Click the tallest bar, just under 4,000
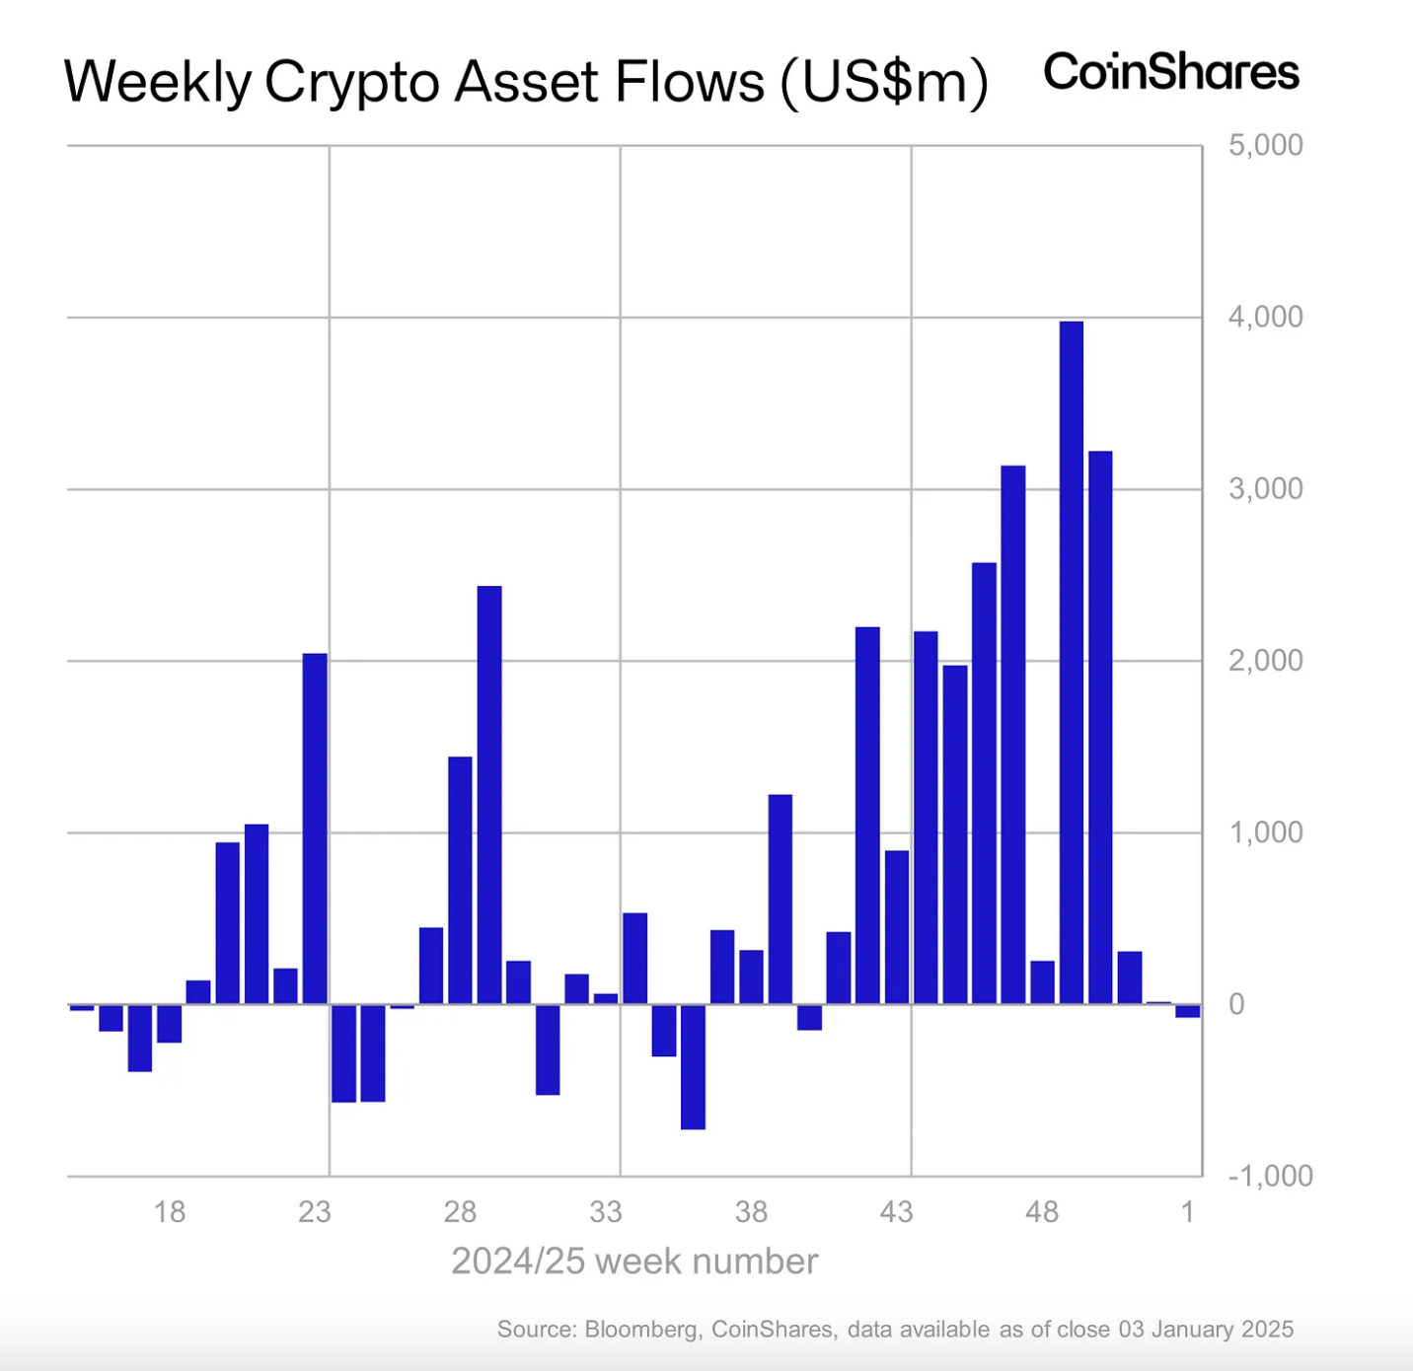(x=1071, y=661)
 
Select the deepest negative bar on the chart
(x=693, y=1066)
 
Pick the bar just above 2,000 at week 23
(x=315, y=829)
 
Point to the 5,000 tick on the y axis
(x=1265, y=145)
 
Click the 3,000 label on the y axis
(x=1265, y=488)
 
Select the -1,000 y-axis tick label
(x=1270, y=1176)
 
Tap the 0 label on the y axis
(x=1236, y=1004)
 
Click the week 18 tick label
(x=170, y=1211)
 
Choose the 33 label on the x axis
(x=606, y=1211)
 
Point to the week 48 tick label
(x=1042, y=1211)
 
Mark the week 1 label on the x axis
(x=1188, y=1211)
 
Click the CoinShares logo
(x=1171, y=72)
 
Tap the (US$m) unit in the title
(x=884, y=82)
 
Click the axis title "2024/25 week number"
(x=634, y=1262)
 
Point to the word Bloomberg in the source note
(x=641, y=1330)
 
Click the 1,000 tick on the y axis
(x=1265, y=832)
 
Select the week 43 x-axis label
(x=897, y=1211)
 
